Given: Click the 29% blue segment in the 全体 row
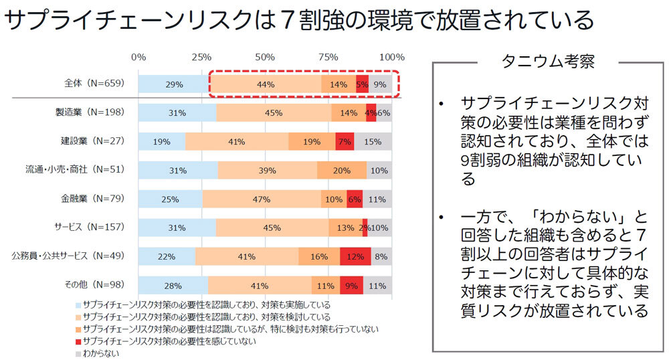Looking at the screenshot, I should pos(174,84).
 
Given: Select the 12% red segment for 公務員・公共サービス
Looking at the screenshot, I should pos(355,256).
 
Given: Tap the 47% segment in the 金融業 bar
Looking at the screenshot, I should pos(261,199).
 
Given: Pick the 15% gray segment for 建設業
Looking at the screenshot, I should pos(373,141).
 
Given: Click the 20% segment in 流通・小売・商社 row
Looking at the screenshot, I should pos(341,170).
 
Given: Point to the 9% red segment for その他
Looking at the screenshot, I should pos(351,285).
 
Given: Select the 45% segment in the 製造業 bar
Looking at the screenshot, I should pos(273,113).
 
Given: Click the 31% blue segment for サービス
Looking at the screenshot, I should pos(177,228).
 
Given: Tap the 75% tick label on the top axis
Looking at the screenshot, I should pos(328,57).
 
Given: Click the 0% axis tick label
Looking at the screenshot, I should pos(138,57).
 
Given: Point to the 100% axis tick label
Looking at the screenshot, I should pos(391,57).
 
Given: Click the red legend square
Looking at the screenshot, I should pos(78,341).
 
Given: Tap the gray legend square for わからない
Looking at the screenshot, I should pos(78,353).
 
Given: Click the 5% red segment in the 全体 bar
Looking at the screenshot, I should pos(362,84).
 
